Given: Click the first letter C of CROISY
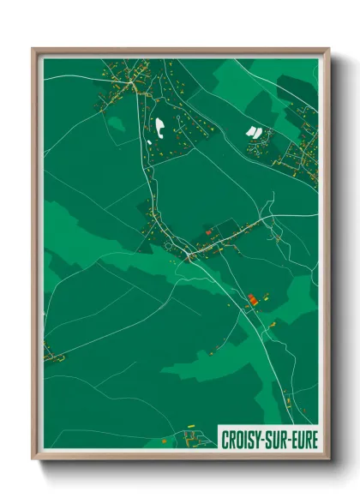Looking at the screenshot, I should pos(225,439).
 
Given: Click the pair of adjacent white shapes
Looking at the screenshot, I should pos(253,132).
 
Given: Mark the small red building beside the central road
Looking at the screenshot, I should pos(207,231).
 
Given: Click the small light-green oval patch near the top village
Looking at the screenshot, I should pos(117,124).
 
